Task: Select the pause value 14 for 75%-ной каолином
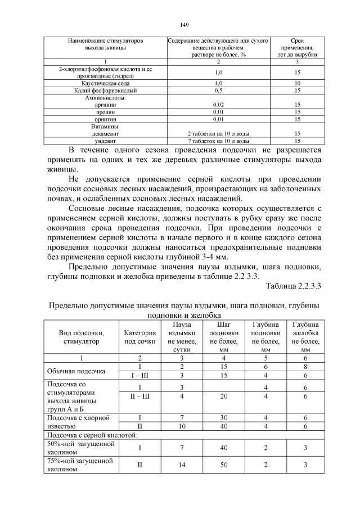click(182, 465)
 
